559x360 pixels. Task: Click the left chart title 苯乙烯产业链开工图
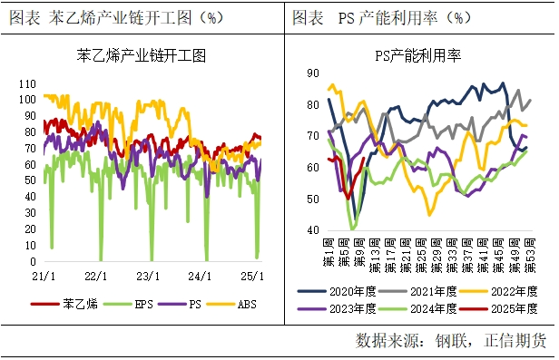coord(142,56)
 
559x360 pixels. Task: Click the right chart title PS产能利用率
coord(418,56)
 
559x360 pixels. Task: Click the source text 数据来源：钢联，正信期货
coord(450,341)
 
